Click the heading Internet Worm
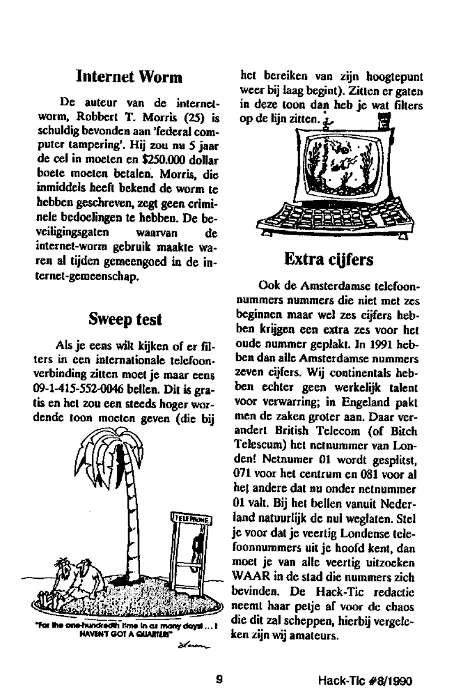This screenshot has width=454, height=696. tap(129, 75)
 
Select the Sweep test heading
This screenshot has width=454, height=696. tap(125, 319)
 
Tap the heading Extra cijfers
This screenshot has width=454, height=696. tap(329, 260)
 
